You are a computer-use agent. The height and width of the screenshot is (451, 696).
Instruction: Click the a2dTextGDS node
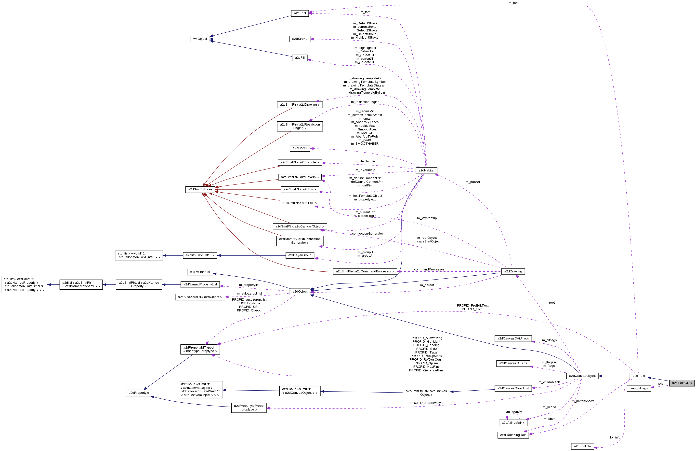click(682, 383)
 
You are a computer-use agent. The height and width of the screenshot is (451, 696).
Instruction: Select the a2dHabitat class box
click(426, 170)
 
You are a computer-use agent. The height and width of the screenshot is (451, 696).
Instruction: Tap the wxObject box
click(200, 39)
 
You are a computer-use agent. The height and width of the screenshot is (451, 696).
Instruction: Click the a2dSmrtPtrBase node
click(200, 189)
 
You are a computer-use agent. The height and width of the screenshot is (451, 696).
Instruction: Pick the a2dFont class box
click(300, 14)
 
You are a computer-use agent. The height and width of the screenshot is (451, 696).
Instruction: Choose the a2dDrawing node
click(513, 271)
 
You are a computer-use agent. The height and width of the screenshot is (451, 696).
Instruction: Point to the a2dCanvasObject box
click(582, 376)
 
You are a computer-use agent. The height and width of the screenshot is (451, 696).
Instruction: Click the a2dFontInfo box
click(582, 446)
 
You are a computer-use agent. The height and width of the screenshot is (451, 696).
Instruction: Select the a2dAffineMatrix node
click(513, 423)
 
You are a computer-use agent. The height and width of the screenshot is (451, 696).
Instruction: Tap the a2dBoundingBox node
click(513, 435)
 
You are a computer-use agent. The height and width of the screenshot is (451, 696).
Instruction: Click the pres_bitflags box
click(638, 388)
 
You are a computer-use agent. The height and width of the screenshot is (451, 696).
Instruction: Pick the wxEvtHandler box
click(200, 272)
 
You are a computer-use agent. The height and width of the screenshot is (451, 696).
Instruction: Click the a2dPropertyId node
click(139, 393)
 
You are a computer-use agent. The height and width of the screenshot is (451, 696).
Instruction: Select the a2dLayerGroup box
click(300, 255)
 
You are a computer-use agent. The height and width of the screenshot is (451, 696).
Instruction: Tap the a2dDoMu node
click(300, 148)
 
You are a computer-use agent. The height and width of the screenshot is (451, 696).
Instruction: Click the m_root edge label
click(550, 303)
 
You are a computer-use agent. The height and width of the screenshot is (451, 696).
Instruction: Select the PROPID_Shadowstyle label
click(427, 403)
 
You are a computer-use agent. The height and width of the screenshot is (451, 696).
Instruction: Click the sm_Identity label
click(513, 412)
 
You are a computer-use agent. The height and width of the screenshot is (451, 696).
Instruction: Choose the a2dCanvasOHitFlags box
click(513, 338)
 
